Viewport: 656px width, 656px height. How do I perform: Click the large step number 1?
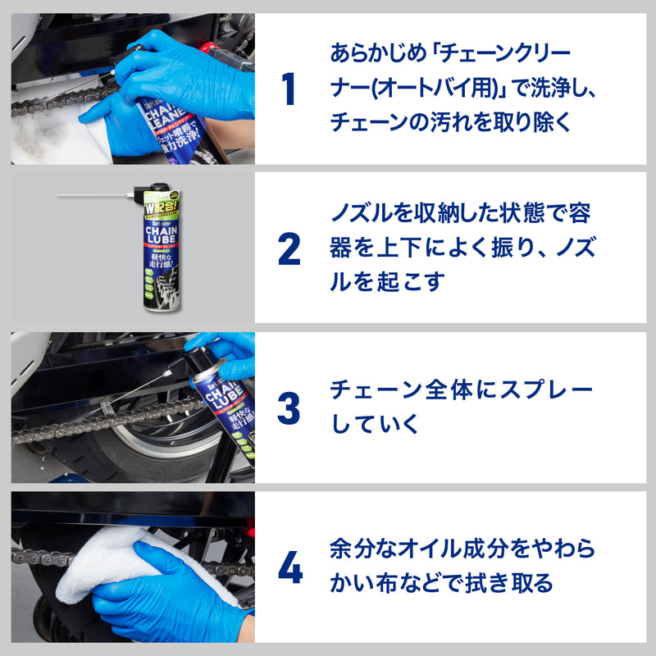click(x=288, y=89)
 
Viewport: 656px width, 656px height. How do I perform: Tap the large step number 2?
click(x=289, y=249)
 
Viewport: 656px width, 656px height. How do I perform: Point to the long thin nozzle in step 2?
click(x=90, y=195)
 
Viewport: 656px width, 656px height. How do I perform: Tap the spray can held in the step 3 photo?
click(x=220, y=402)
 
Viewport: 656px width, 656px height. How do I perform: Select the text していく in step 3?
click(x=375, y=424)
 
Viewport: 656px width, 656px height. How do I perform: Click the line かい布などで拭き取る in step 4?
click(x=441, y=584)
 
